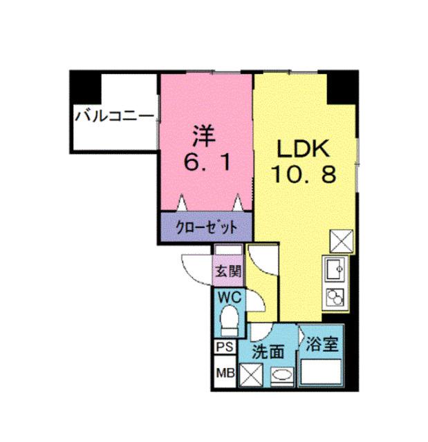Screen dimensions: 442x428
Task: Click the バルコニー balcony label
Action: click(x=114, y=114)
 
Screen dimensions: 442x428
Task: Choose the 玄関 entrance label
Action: click(x=227, y=271)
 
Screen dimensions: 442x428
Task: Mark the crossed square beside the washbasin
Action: click(x=251, y=376)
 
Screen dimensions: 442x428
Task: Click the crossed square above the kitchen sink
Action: click(x=340, y=242)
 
